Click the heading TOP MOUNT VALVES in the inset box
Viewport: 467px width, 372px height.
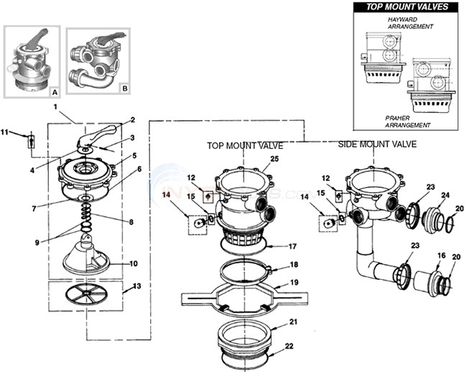click(407, 7)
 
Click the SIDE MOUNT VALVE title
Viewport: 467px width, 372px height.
click(376, 144)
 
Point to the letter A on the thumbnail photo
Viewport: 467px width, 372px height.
click(55, 91)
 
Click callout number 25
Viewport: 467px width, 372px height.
click(274, 158)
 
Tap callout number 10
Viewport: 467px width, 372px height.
click(133, 263)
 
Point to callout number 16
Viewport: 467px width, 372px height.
click(440, 255)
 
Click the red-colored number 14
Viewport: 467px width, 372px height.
click(166, 194)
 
